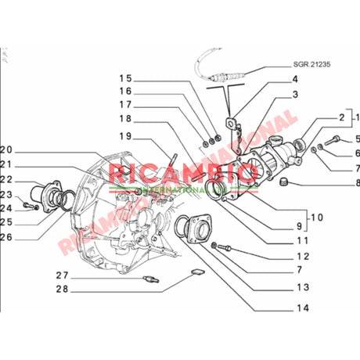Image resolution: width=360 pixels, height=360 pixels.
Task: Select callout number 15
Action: coord(126,78)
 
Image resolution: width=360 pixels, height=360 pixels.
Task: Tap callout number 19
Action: coord(126,136)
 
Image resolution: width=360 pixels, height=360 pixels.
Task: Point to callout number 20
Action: coord(8,150)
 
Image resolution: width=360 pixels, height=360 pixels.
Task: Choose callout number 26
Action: coord(8,237)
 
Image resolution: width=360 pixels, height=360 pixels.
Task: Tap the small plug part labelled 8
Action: coord(286,183)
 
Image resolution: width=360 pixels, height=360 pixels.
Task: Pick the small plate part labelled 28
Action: coord(198,272)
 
